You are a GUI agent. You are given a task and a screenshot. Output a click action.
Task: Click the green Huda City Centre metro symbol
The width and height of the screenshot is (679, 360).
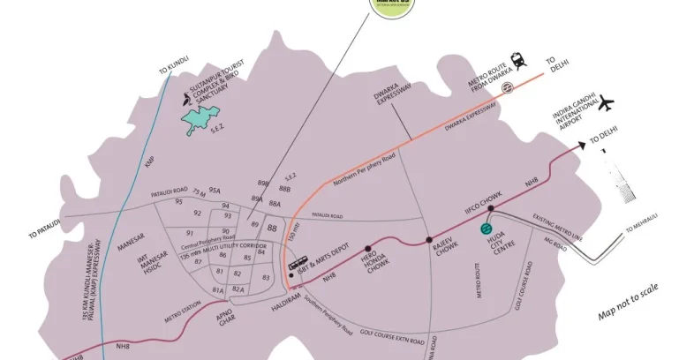click(486, 229)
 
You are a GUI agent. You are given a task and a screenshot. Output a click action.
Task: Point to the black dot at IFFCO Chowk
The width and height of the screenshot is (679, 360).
click(489, 209)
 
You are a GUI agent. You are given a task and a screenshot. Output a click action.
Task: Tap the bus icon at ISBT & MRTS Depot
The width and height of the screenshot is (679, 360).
click(298, 262)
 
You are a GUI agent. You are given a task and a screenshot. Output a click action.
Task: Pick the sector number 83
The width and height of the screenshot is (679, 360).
click(265, 277)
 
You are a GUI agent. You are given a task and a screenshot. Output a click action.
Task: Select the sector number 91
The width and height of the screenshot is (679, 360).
click(190, 233)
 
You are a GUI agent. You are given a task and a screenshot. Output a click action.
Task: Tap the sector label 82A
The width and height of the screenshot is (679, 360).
click(238, 289)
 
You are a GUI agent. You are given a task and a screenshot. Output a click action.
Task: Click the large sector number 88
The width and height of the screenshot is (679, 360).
click(272, 228)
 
